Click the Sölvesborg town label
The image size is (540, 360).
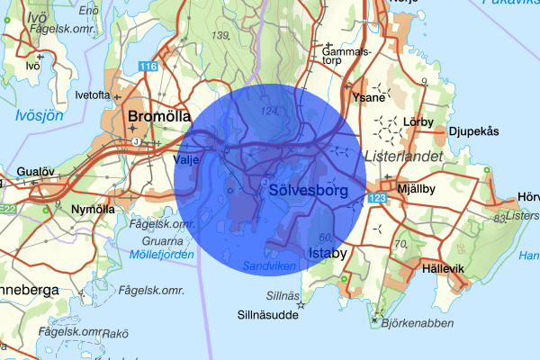click(x=307, y=191)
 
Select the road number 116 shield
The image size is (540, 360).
click(x=148, y=67)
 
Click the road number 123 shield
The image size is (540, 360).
click(x=376, y=196)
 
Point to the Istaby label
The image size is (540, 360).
click(x=327, y=254)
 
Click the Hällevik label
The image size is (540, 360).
click(x=443, y=268)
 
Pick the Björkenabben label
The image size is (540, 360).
click(x=413, y=323)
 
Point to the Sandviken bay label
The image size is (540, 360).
click(x=271, y=266)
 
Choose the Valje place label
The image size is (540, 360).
click(x=184, y=159)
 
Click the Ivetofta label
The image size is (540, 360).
click(x=93, y=94)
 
